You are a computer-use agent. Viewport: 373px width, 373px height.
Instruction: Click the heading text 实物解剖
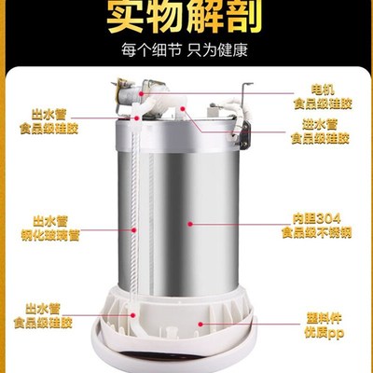pyautogui.click(x=186, y=17)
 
